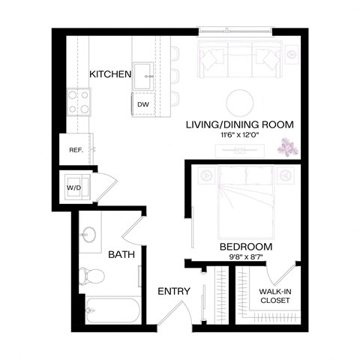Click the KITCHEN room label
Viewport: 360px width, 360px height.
(110, 74)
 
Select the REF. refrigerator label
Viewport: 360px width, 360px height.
(76, 150)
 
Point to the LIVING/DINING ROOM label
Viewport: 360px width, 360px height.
(239, 124)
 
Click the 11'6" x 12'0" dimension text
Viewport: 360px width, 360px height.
(239, 135)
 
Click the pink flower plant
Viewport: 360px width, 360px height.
(287, 147)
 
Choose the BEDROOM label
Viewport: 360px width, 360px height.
(245, 247)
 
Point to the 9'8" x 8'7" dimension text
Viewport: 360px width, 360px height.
(245, 257)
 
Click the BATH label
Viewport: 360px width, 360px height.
(121, 255)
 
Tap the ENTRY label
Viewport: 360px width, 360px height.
(173, 291)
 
